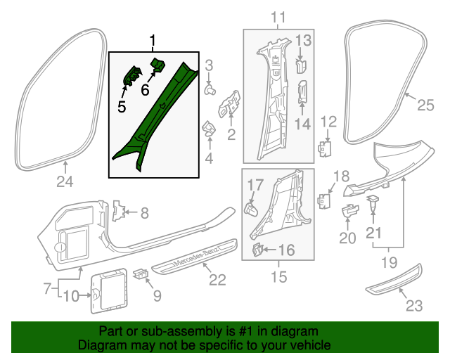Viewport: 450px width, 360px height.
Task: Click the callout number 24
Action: [x=65, y=184]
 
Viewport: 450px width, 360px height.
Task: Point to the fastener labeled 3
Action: [x=209, y=90]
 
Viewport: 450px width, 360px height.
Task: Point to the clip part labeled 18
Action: [x=325, y=200]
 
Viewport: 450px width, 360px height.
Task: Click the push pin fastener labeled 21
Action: [x=373, y=205]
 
